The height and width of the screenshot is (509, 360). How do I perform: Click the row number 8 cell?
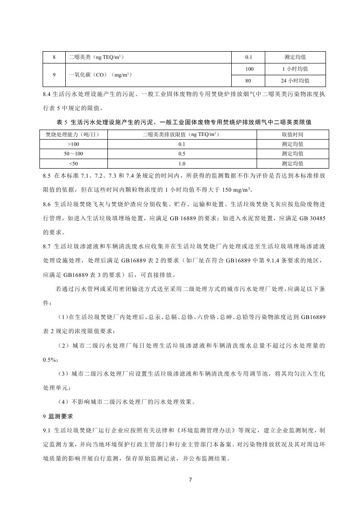[x=54, y=57]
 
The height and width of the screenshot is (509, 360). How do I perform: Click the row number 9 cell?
[x=54, y=74]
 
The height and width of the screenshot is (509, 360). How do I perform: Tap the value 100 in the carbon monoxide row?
[x=249, y=68]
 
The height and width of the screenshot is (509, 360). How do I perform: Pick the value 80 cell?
[x=249, y=81]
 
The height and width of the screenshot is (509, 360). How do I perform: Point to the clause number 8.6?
[x=47, y=204]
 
